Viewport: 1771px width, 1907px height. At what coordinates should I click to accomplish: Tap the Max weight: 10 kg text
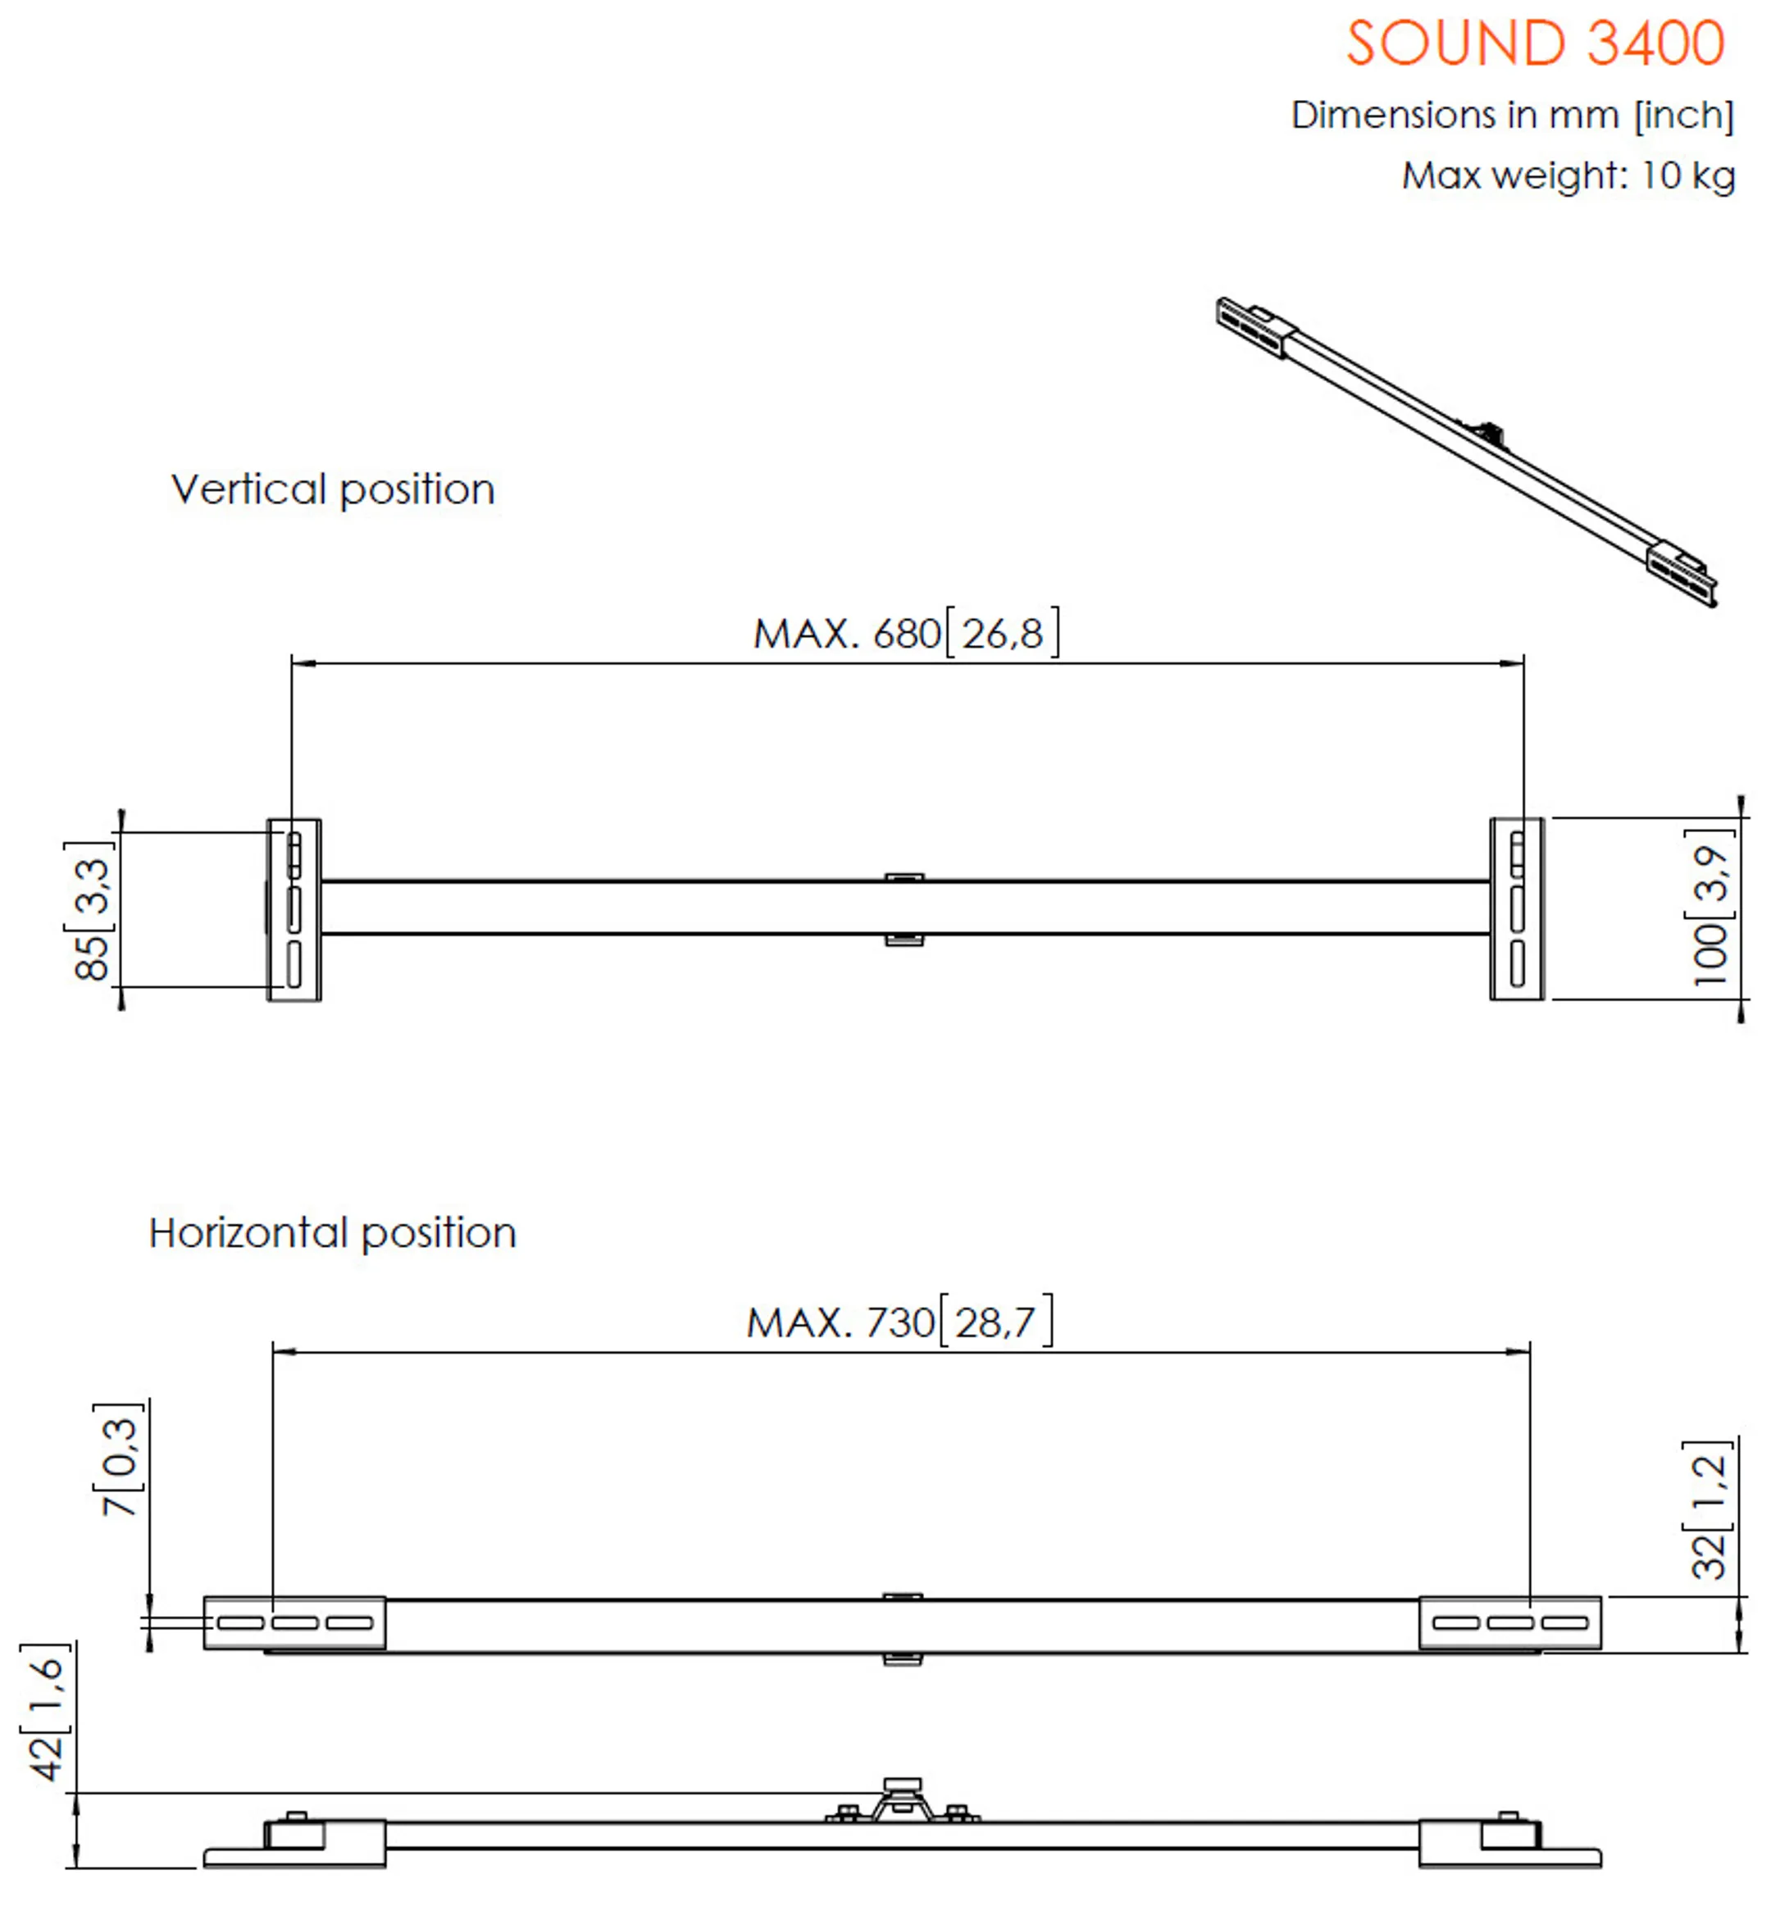click(1568, 175)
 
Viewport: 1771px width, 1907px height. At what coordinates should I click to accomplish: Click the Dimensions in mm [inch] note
click(1512, 115)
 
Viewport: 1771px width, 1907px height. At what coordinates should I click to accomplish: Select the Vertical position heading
click(333, 489)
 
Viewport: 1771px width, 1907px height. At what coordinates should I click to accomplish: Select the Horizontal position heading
click(331, 1233)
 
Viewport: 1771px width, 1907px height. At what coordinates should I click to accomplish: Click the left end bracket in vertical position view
click(294, 909)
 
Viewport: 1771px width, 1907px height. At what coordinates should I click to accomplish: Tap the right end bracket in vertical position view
click(1516, 909)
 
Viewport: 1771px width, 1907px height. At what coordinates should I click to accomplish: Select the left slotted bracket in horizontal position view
click(295, 1623)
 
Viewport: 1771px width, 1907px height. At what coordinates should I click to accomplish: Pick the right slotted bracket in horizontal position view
click(1509, 1623)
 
